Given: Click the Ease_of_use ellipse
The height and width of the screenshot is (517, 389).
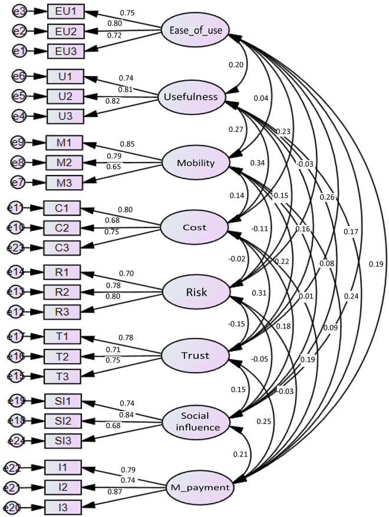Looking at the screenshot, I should pyautogui.click(x=195, y=31).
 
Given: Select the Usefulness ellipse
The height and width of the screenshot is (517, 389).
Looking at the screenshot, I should pyautogui.click(x=191, y=97).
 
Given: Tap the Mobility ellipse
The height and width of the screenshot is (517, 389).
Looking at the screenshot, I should pyautogui.click(x=195, y=163).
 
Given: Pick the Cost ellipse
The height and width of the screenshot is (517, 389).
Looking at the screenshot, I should pyautogui.click(x=194, y=227).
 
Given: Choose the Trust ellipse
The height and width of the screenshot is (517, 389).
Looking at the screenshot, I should pyautogui.click(x=196, y=356).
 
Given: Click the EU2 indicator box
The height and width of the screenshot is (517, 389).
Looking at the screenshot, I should pyautogui.click(x=66, y=31).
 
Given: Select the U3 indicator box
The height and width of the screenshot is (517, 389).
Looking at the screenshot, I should pyautogui.click(x=66, y=117).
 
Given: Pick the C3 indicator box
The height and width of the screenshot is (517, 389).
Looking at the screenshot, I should pyautogui.click(x=62, y=247).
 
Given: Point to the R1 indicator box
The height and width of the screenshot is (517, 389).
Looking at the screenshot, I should pyautogui.click(x=62, y=272).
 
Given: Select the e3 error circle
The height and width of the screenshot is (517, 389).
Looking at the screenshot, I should pyautogui.click(x=19, y=11).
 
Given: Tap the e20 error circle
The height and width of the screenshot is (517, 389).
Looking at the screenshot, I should pyautogui.click(x=12, y=507).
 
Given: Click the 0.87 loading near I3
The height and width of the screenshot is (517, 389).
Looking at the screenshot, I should pyautogui.click(x=115, y=491).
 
